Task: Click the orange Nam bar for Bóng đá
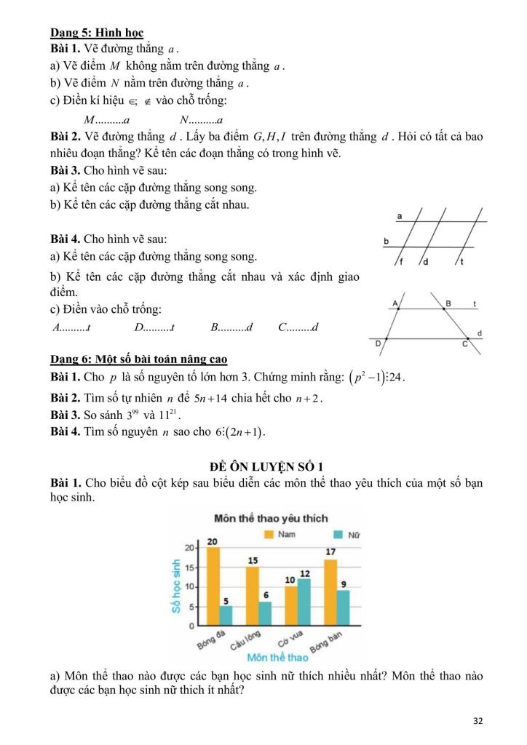[213, 586]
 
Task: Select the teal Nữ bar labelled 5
[226, 615]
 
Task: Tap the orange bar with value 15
[252, 596]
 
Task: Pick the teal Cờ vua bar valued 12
[304, 602]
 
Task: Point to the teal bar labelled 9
[344, 607]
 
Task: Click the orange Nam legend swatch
[268, 534]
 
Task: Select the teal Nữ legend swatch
[337, 535]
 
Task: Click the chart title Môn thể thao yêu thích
[270, 519]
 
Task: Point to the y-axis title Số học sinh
[176, 585]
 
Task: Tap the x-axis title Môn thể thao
[277, 658]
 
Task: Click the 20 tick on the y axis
[189, 547]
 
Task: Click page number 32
[478, 721]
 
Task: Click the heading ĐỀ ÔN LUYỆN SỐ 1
[263, 466]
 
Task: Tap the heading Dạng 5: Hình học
[97, 33]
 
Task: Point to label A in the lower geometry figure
[395, 302]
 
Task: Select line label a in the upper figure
[400, 217]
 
